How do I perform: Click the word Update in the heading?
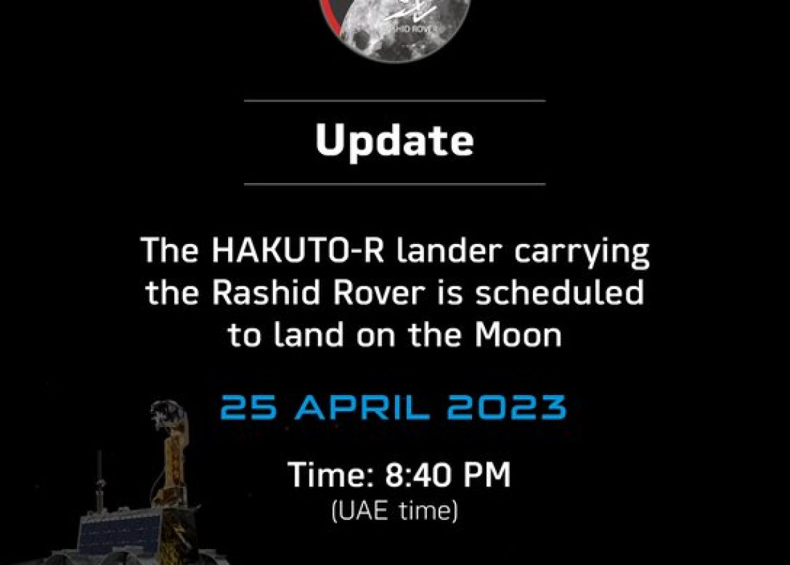(x=394, y=141)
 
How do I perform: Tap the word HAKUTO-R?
(x=298, y=250)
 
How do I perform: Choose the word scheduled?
(x=560, y=292)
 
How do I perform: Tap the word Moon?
(x=518, y=335)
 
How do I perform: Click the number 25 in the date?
(x=248, y=408)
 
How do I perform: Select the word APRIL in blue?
(x=362, y=408)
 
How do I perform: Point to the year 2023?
(x=507, y=408)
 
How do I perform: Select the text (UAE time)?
(x=394, y=511)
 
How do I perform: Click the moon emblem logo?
(x=394, y=25)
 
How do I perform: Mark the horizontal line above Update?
(x=395, y=101)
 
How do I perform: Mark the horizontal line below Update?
(x=395, y=184)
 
